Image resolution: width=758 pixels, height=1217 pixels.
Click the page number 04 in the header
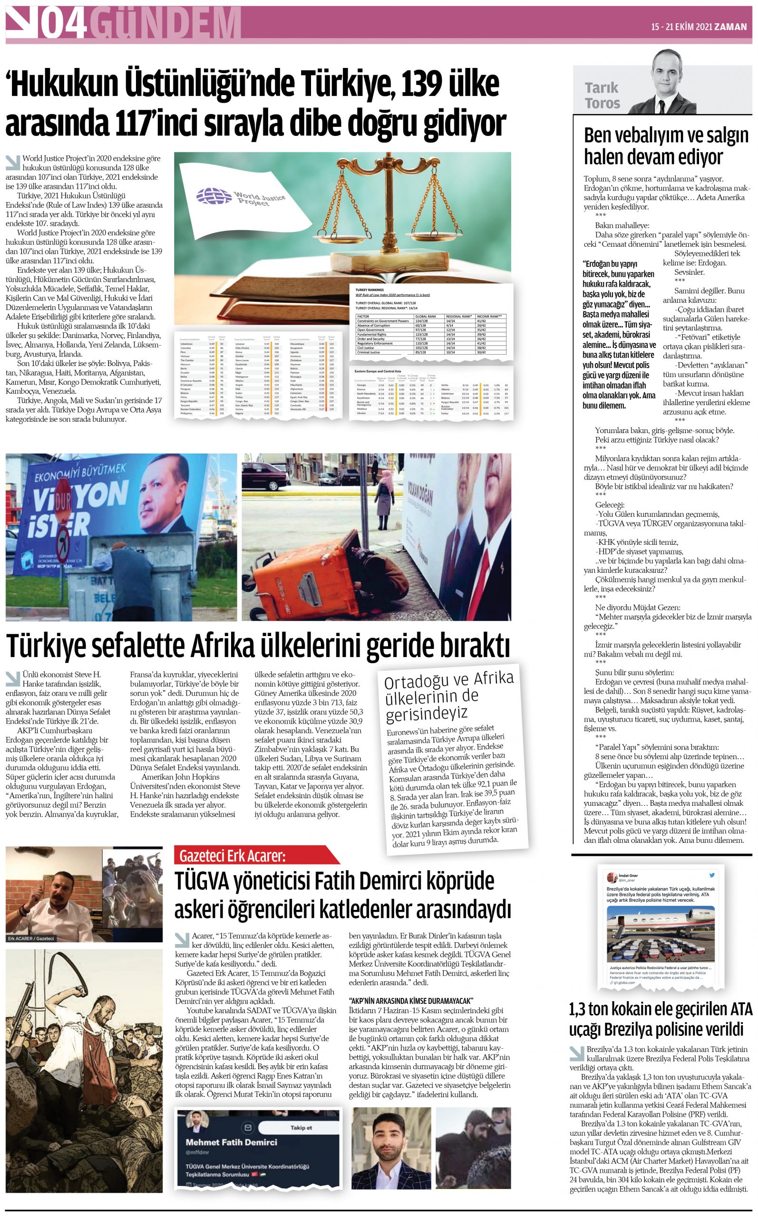(63, 24)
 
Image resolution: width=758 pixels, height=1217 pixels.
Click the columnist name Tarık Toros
(602, 95)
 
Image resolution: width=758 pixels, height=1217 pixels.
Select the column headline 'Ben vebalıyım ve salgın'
(665, 136)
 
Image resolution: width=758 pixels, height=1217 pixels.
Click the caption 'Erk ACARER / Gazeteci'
(31, 938)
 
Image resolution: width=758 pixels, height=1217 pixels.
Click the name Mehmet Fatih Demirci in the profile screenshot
(231, 1142)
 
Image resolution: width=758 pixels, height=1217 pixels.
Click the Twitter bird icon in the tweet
(712, 875)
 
